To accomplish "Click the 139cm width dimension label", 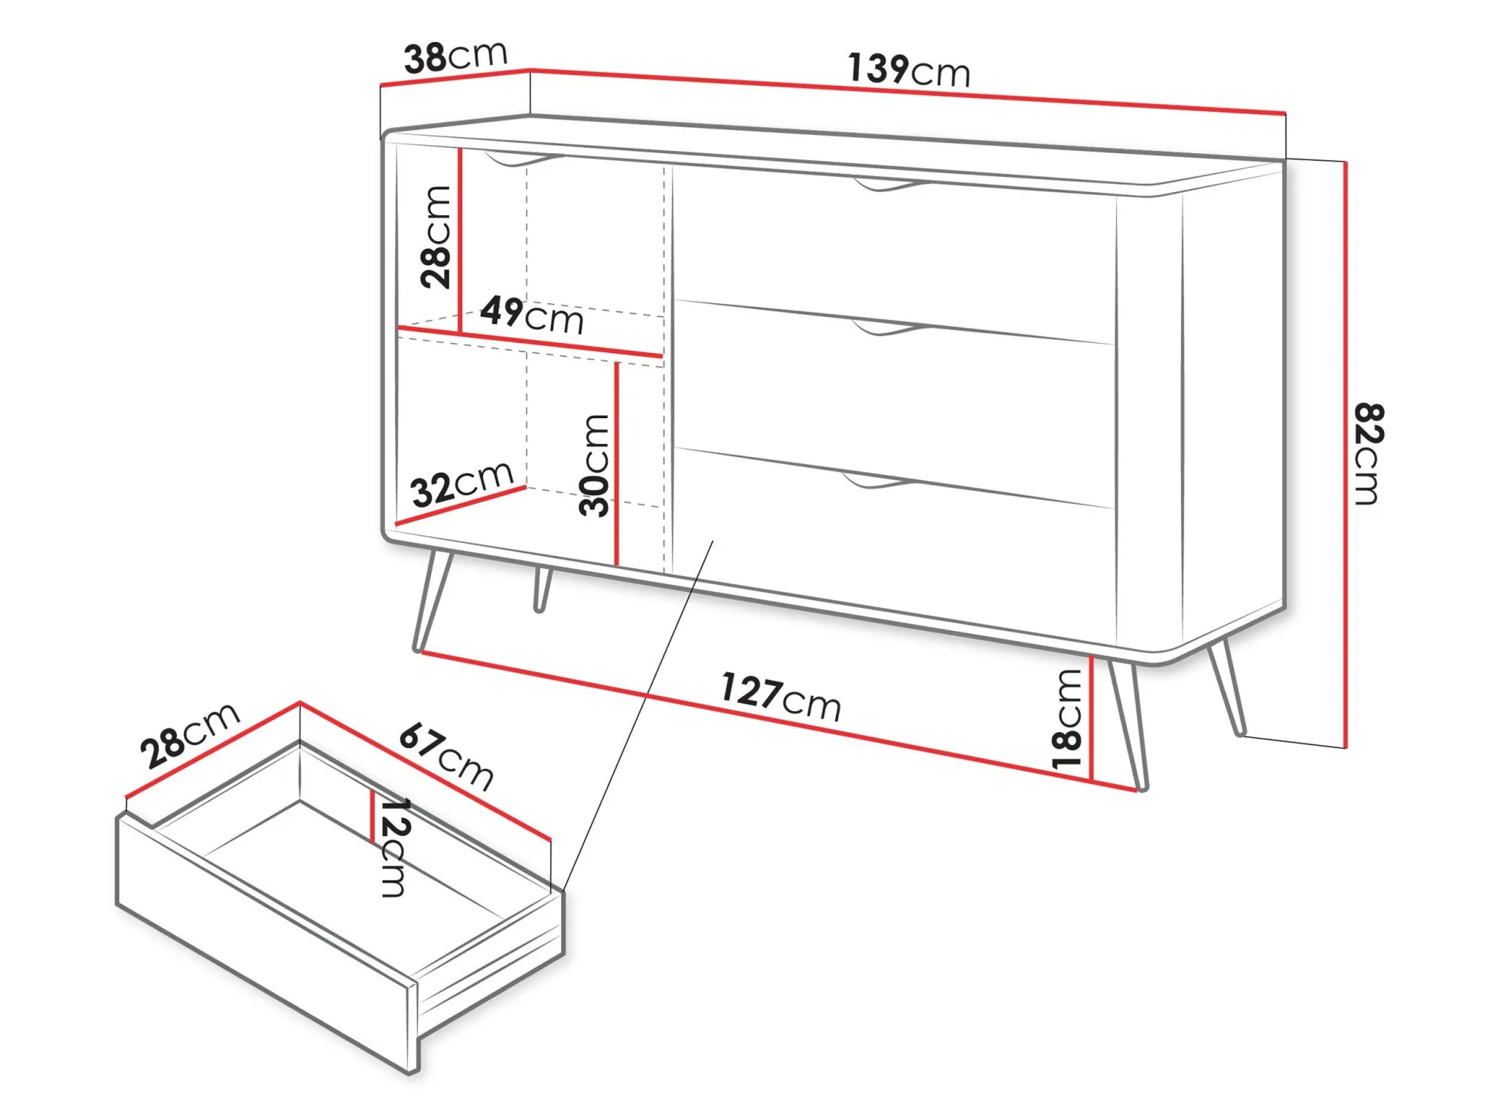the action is pos(909,70).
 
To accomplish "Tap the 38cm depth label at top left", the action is pos(456,56).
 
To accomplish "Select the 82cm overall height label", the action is pos(1368,453).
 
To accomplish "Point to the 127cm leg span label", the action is pos(781,697).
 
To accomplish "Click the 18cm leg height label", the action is pos(1067,718).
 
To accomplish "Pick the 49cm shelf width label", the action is pos(532,315).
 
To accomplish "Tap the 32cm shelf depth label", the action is pos(462,484).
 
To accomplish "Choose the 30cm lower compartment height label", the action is pos(595,465).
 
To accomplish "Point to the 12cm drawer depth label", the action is pos(395,847).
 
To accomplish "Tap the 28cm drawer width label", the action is pos(191,734).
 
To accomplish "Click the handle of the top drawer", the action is pos(891,185).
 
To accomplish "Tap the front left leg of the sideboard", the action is pos(432,600).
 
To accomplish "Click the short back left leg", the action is pos(542,590).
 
